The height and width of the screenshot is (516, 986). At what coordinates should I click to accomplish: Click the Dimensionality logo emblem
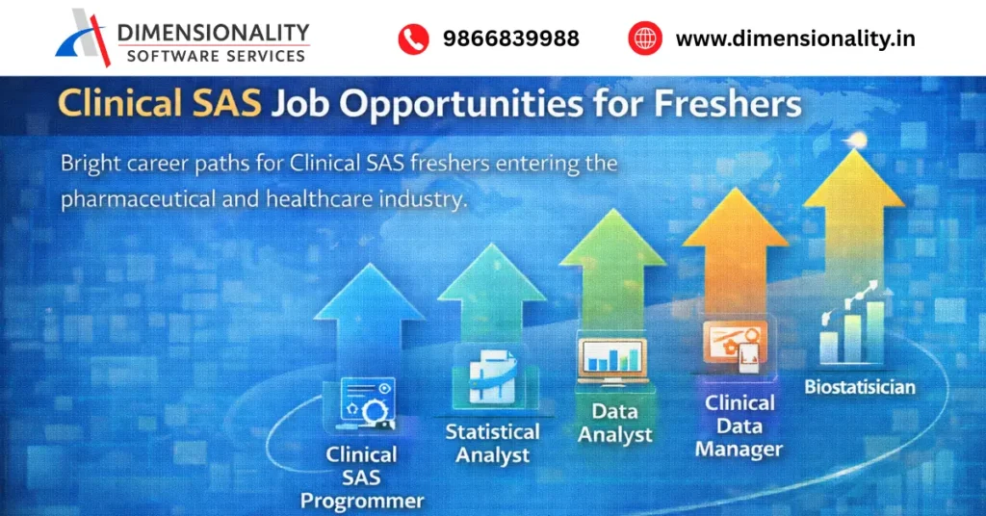tap(84, 37)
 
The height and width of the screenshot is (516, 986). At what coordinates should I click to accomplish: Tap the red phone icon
tap(413, 39)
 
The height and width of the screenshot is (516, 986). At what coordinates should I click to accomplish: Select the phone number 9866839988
tap(510, 39)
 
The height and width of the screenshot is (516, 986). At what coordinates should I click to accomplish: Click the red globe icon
tap(645, 39)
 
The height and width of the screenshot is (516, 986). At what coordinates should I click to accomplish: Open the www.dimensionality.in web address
tap(795, 39)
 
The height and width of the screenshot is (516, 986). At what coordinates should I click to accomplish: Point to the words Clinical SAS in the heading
tap(161, 103)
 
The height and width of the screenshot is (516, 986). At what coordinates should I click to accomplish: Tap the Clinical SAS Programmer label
tap(361, 477)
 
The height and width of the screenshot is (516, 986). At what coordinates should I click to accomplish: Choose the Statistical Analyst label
tap(492, 443)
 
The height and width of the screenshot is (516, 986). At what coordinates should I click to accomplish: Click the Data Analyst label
tap(614, 424)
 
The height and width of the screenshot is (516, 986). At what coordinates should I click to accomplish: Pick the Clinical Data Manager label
tap(739, 426)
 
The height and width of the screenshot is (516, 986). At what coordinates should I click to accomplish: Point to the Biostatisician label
tap(860, 388)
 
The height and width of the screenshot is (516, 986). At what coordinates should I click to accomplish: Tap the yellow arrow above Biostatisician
tap(854, 207)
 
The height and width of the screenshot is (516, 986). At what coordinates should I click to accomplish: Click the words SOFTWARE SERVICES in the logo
tap(217, 55)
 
